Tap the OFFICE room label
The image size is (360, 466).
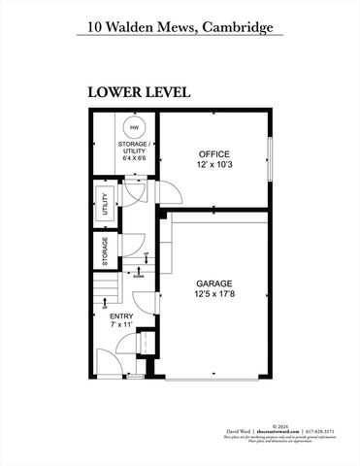213,154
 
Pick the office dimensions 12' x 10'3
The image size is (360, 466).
213,166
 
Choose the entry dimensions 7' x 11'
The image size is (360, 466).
120,324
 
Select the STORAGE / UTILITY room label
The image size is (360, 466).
132,148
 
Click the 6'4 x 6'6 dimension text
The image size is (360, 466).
132,159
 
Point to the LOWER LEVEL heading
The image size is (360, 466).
138,92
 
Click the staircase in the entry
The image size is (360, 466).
108,290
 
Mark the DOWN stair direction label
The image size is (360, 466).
139,275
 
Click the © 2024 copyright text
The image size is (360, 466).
282,425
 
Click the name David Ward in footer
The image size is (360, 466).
240,431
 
